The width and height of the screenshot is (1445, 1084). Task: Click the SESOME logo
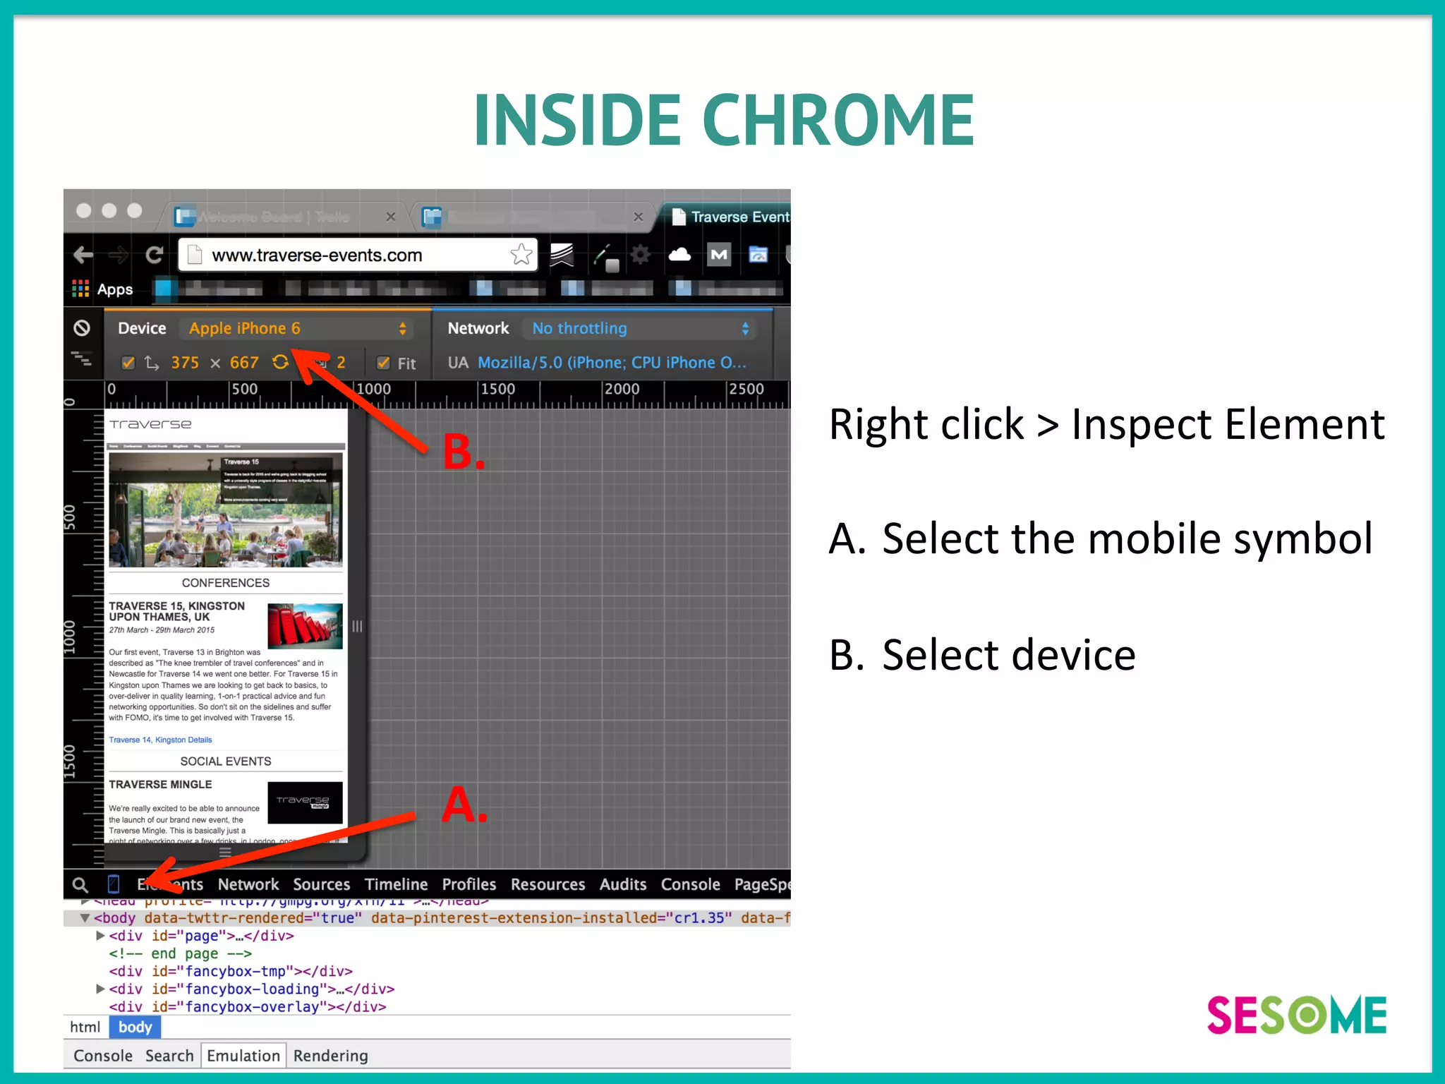pyautogui.click(x=1296, y=1015)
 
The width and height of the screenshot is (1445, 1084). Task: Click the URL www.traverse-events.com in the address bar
pyautogui.click(x=317, y=255)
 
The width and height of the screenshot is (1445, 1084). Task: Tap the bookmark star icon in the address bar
pyautogui.click(x=521, y=254)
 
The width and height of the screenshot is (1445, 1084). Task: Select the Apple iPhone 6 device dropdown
pyautogui.click(x=296, y=328)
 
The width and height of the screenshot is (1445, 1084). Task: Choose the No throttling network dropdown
pyautogui.click(x=639, y=328)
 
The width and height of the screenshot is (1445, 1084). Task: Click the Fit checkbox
pyautogui.click(x=384, y=363)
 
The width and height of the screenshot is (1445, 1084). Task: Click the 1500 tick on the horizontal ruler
pyautogui.click(x=497, y=390)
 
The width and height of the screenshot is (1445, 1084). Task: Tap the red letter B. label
pyautogui.click(x=463, y=452)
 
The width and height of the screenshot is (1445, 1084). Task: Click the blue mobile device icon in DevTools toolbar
pyautogui.click(x=114, y=884)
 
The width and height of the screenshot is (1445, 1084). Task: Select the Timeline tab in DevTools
pyautogui.click(x=396, y=884)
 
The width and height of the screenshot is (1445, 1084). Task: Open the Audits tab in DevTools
pyautogui.click(x=622, y=884)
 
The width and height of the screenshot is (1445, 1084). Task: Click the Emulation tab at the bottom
pyautogui.click(x=243, y=1056)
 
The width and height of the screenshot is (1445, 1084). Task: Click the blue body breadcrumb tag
pyautogui.click(x=135, y=1027)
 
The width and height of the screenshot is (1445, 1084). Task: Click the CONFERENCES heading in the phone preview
pyautogui.click(x=225, y=583)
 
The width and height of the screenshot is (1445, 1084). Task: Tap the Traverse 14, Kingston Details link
pyautogui.click(x=160, y=740)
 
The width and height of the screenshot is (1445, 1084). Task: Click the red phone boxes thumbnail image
pyautogui.click(x=305, y=626)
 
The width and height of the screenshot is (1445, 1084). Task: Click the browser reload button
pyautogui.click(x=154, y=255)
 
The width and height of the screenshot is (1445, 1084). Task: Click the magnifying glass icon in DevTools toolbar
pyautogui.click(x=80, y=884)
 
